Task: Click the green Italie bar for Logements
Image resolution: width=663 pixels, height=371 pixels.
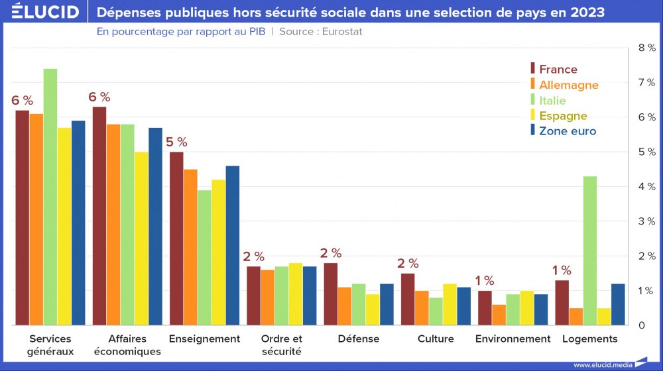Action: [590, 250]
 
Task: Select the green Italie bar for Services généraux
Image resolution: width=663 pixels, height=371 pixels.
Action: [50, 197]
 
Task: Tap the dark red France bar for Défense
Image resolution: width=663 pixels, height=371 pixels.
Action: [330, 294]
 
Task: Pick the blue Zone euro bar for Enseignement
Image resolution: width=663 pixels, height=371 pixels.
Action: [232, 245]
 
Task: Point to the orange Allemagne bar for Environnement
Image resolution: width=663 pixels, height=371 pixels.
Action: [498, 315]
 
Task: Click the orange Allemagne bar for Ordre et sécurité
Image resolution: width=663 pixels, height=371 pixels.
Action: [267, 297]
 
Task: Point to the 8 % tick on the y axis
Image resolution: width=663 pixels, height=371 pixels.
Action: [646, 48]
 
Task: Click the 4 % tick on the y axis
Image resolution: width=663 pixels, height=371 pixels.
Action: [646, 187]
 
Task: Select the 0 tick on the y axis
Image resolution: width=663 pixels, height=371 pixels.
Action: [641, 325]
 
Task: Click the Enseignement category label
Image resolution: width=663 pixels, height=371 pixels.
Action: [204, 339]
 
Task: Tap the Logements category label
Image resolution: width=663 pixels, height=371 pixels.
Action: [589, 339]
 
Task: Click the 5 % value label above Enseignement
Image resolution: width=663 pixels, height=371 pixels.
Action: [176, 142]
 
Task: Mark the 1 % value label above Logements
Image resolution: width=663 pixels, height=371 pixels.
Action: [562, 270]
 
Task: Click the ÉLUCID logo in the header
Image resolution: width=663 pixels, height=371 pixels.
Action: [45, 12]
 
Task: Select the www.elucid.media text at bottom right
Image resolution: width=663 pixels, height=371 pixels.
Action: [603, 364]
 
